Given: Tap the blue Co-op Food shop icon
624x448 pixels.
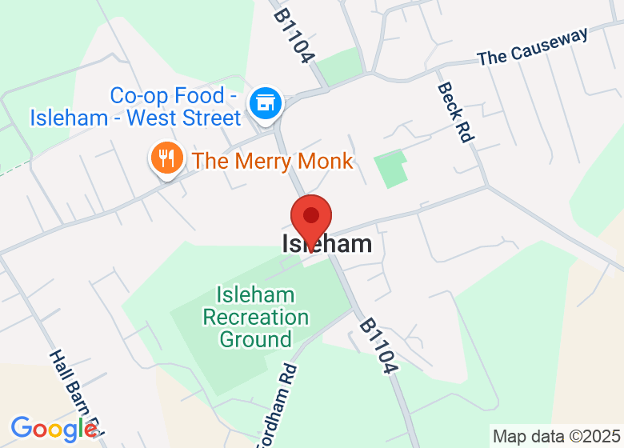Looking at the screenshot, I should click(x=264, y=103).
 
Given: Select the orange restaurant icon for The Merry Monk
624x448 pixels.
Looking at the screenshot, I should click(x=166, y=158).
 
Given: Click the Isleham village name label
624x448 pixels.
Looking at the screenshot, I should click(x=327, y=244).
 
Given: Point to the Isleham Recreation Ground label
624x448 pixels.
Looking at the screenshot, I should click(x=255, y=317).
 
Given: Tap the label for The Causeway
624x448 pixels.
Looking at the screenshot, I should click(x=533, y=47).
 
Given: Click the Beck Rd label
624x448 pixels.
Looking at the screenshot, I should click(x=454, y=112).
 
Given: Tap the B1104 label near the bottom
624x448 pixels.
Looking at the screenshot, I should click(x=378, y=346).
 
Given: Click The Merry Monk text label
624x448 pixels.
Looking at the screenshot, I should click(x=272, y=161).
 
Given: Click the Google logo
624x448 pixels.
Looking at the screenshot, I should click(x=54, y=430).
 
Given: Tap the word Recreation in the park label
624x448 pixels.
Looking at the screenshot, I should click(x=255, y=317).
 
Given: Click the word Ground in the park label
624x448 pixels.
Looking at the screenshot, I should click(x=255, y=339).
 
